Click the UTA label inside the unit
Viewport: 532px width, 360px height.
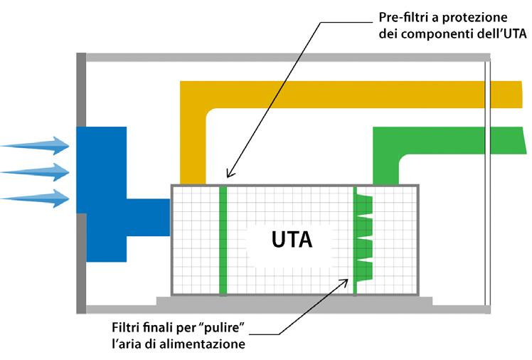click(292, 240)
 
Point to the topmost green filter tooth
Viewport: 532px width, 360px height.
click(363, 204)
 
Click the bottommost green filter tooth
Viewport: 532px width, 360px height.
click(363, 270)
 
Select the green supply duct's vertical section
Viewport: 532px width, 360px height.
click(386, 160)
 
